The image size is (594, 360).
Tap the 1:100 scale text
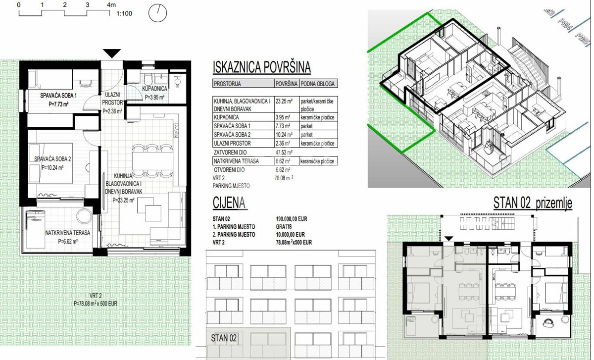click(x=124, y=14)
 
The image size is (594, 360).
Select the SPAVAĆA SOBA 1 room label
click(x=59, y=95)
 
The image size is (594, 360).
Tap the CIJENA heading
click(x=229, y=203)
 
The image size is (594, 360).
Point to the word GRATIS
click(x=284, y=226)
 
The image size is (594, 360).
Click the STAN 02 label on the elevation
click(x=224, y=339)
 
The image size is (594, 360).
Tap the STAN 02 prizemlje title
click(x=533, y=203)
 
